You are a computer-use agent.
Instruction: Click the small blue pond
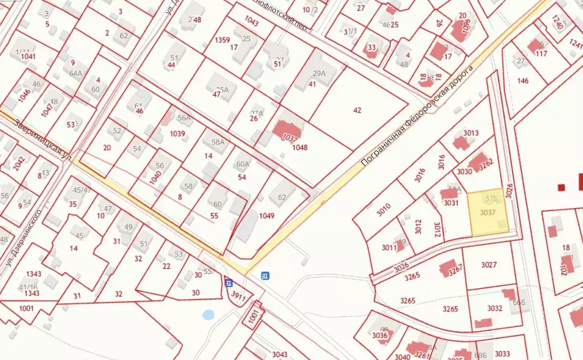(x=208, y=314)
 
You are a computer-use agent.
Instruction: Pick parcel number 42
(x=357, y=111)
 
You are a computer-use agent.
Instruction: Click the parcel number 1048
(x=300, y=148)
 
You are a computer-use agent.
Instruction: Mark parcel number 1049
(x=266, y=215)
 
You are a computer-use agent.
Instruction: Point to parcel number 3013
(x=471, y=133)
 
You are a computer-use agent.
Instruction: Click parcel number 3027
(x=489, y=265)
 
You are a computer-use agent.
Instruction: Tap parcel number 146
(x=523, y=80)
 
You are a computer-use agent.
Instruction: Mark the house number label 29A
(x=319, y=73)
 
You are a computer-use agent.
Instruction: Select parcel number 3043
(x=279, y=354)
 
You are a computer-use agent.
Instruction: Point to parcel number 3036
(x=380, y=335)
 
